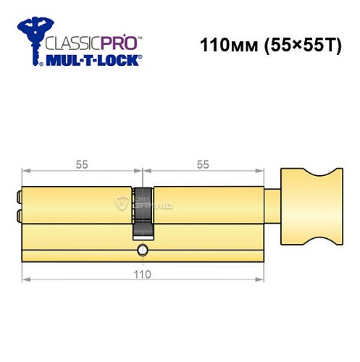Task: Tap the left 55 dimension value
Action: click(82, 164)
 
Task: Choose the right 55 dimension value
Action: click(203, 164)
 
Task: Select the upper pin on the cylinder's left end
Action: click(19, 195)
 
